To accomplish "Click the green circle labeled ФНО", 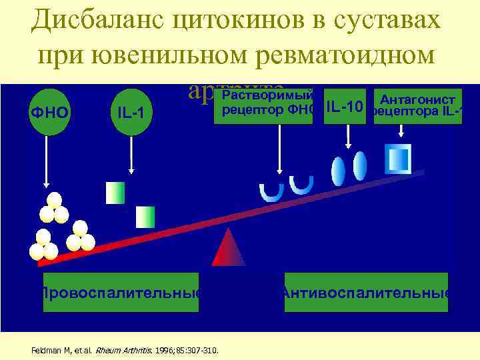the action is [49, 111].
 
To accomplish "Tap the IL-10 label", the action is [345, 107].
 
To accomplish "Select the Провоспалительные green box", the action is [121, 292].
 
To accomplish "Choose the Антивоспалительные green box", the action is [366, 292].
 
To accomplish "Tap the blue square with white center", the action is [398, 158].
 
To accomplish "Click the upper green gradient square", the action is [115, 192].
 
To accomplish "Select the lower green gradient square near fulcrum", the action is [145, 217].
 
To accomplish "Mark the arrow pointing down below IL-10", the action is [347, 137].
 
